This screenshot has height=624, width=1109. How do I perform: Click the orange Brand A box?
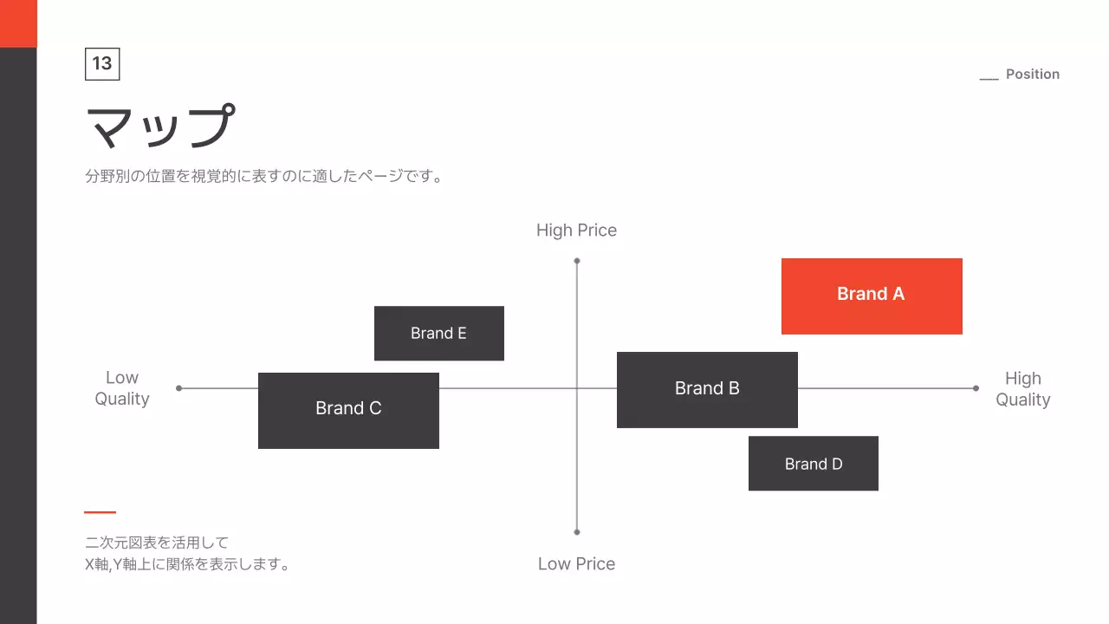pyautogui.click(x=872, y=296)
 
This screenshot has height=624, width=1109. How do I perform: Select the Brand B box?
pyautogui.click(x=707, y=389)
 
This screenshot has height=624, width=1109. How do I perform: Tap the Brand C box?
pyautogui.click(x=348, y=410)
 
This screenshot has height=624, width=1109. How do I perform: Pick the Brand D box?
pyautogui.click(x=813, y=464)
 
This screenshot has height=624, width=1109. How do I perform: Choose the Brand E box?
pyautogui.click(x=438, y=334)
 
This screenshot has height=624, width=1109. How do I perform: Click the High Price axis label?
pyautogui.click(x=576, y=231)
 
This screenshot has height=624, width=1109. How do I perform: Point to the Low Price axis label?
pyautogui.click(x=576, y=564)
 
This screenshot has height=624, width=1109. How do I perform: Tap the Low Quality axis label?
pyautogui.click(x=122, y=388)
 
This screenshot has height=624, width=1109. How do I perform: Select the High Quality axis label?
pyautogui.click(x=1022, y=389)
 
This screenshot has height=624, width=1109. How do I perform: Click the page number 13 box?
pyautogui.click(x=102, y=64)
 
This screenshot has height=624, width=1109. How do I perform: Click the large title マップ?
pyautogui.click(x=161, y=127)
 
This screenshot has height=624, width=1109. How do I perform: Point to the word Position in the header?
pyautogui.click(x=1032, y=75)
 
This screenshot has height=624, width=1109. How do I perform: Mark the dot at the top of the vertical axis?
pyautogui.click(x=577, y=261)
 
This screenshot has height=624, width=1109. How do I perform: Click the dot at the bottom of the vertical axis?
pyautogui.click(x=577, y=532)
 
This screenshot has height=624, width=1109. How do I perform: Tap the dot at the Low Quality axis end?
pyautogui.click(x=179, y=388)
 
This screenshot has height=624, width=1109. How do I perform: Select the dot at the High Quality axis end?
pyautogui.click(x=976, y=388)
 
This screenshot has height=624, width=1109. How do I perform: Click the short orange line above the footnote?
pyautogui.click(x=100, y=512)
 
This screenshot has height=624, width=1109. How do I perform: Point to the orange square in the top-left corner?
pyautogui.click(x=18, y=23)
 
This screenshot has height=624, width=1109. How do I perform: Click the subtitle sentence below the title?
pyautogui.click(x=264, y=177)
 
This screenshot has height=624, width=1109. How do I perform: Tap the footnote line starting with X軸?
pyautogui.click(x=187, y=565)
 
